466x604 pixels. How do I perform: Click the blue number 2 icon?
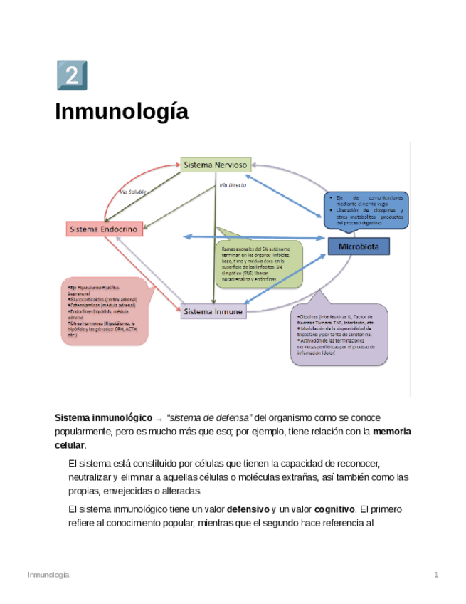point(71,75)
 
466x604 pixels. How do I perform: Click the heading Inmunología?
point(122,112)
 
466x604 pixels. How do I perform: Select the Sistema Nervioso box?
point(215,165)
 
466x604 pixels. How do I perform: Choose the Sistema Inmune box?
point(213,311)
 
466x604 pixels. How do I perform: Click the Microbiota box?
point(364,246)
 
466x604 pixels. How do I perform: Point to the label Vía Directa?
point(233,184)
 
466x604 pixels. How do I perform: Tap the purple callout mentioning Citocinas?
point(340,333)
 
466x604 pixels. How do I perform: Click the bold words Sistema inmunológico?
point(104,417)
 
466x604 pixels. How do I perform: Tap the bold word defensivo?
point(248,510)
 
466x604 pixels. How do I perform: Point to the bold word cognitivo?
point(335,510)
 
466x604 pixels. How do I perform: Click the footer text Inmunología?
point(48,575)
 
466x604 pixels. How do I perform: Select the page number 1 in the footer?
point(436,575)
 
